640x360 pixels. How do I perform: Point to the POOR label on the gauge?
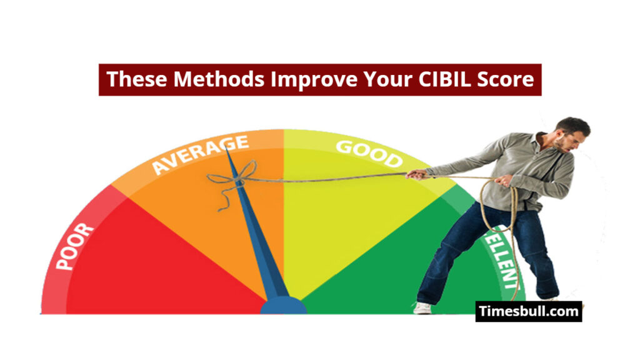click(x=74, y=246)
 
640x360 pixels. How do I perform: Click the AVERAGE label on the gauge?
click(x=201, y=154)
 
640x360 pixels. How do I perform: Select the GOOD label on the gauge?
click(x=368, y=154)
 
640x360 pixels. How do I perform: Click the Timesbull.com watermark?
click(x=528, y=311)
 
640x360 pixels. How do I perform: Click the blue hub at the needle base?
click(x=283, y=306)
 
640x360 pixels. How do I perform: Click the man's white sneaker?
click(x=423, y=307)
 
